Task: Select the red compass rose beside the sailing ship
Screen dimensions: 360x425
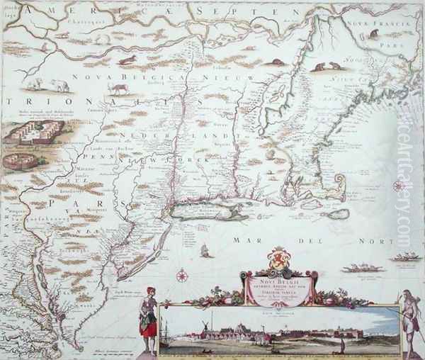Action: pyautogui.click(x=182, y=275)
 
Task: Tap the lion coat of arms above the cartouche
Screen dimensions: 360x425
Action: pyautogui.click(x=278, y=258)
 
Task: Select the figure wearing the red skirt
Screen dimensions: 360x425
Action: pyautogui.click(x=148, y=322)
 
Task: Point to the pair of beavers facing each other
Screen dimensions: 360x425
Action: pyautogui.click(x=327, y=67)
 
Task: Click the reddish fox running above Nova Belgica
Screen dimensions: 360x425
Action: pyautogui.click(x=127, y=60)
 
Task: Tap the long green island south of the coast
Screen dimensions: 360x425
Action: pyautogui.click(x=209, y=210)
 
